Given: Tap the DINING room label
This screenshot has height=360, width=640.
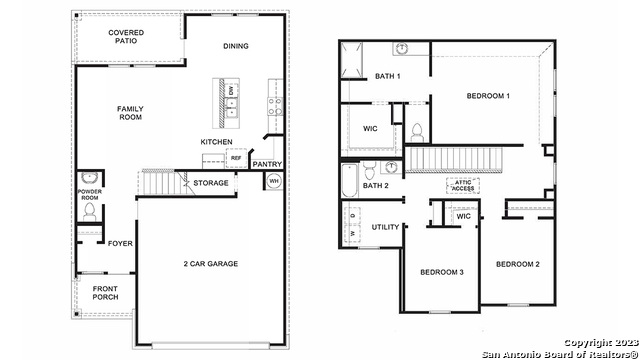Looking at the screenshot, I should coord(236,46).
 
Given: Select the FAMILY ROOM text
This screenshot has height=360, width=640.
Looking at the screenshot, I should coord(130,113).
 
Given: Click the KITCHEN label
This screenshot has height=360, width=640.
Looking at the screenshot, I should coord(216,142).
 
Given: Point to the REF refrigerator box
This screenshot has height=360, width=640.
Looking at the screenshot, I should coord(236,158).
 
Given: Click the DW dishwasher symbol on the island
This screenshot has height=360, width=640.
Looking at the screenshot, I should coord(232,90).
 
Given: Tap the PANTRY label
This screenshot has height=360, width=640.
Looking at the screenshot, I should coord(267,164).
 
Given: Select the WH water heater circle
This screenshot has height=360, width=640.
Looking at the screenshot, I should coord(273,181).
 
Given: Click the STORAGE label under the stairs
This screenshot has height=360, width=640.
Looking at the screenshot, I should coord(211,183).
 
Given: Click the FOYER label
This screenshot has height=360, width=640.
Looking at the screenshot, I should coord(120,242).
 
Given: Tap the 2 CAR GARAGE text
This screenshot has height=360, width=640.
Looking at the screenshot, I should coord(210,264).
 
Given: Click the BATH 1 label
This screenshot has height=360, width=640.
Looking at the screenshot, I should coord(388,76).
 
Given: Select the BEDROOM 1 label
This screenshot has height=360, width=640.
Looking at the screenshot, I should coord(488,96).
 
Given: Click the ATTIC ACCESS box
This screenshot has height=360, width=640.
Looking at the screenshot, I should coord(464,185).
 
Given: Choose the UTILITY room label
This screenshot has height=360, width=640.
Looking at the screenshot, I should coord(385,227).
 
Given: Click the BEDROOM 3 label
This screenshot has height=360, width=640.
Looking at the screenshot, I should coord(441,272).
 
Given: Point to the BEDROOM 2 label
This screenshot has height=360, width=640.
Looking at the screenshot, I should coord(518,264).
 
